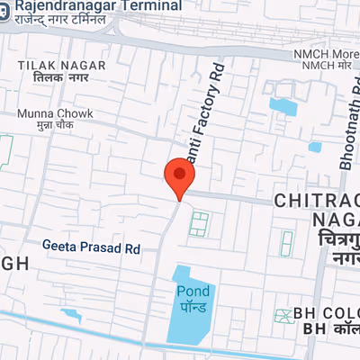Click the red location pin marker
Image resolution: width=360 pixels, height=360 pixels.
click(x=180, y=177)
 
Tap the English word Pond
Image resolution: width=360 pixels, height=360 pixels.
click(x=193, y=291)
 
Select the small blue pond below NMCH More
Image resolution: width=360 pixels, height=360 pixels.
click(x=283, y=107)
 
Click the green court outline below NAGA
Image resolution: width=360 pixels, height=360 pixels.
click(x=287, y=241)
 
